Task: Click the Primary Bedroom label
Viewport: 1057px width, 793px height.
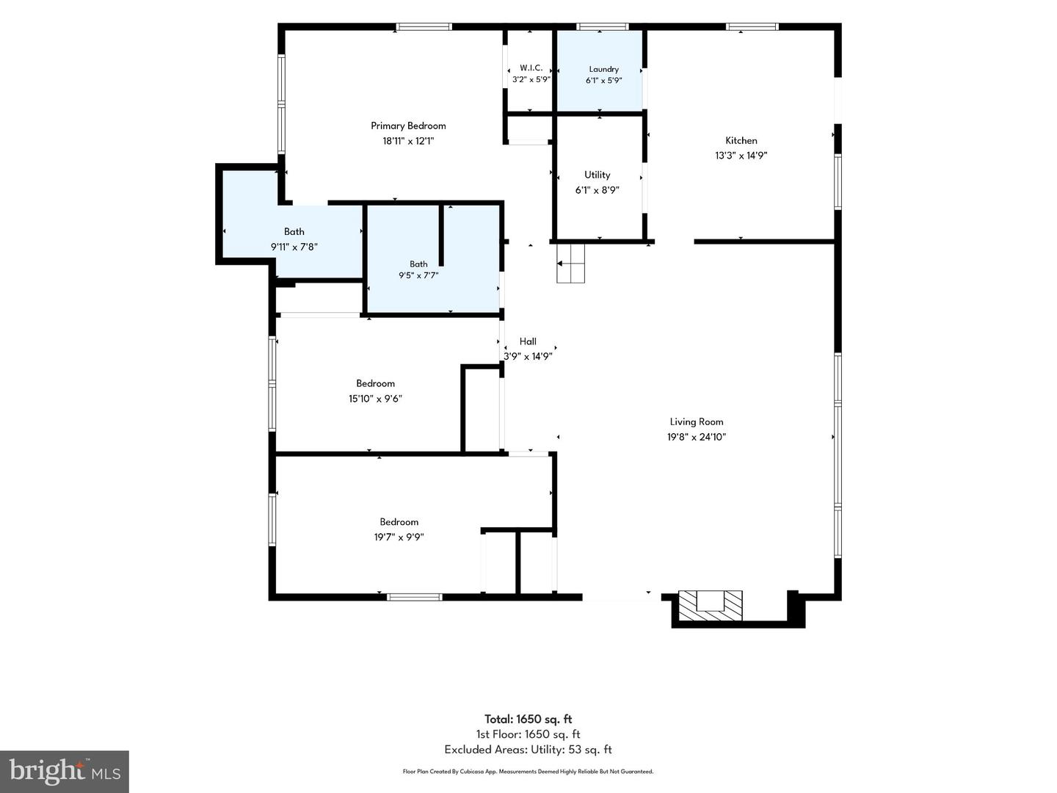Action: click(408, 126)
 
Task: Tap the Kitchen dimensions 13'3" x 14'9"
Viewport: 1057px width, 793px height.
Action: click(741, 156)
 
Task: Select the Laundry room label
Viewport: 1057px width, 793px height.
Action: click(603, 69)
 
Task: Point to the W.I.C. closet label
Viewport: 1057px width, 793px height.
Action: click(531, 68)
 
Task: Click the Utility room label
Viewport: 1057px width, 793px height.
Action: click(597, 175)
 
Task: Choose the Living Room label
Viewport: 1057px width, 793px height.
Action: click(697, 421)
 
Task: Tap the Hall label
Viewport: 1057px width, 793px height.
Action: click(528, 341)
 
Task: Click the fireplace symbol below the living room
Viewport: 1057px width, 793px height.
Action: click(711, 605)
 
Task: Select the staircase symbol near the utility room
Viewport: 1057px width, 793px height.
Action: click(570, 263)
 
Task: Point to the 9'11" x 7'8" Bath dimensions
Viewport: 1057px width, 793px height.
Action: click(294, 247)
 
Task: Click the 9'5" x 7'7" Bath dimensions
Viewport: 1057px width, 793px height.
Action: click(418, 275)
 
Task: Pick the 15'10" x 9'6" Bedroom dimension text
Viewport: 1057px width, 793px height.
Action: click(375, 399)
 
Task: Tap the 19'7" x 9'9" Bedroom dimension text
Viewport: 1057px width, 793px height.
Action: click(399, 537)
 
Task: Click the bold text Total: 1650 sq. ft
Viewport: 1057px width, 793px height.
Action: click(528, 720)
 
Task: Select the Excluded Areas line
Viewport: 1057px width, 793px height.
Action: click(528, 750)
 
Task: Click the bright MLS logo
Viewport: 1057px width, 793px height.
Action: click(64, 771)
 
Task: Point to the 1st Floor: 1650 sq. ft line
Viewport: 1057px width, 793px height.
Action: click(528, 734)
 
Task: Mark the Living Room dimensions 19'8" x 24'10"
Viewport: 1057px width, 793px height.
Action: click(697, 437)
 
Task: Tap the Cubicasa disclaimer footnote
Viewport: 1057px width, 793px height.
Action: click(528, 772)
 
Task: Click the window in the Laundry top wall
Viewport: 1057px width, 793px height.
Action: click(603, 26)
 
